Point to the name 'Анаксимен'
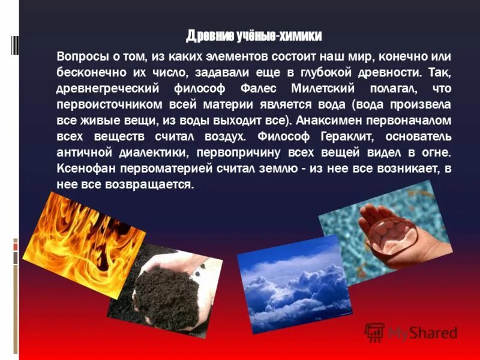[x=329, y=119]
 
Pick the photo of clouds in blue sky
[x=294, y=282]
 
